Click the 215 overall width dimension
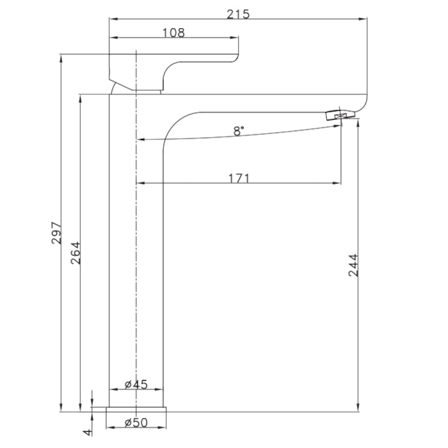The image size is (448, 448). [238, 13]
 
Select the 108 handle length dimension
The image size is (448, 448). [173, 32]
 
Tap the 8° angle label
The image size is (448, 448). [239, 131]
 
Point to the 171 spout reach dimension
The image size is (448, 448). [239, 178]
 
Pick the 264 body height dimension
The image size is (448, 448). [75, 253]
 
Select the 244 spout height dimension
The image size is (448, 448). [353, 265]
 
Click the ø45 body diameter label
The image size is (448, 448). [136, 384]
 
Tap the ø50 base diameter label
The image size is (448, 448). [136, 422]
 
